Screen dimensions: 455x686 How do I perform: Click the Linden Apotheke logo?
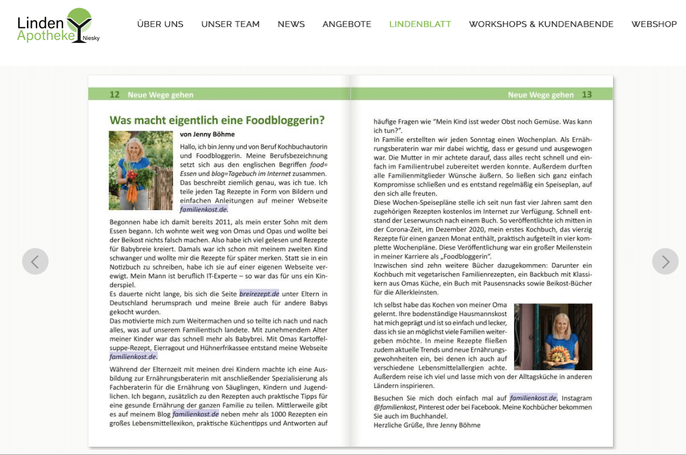pyautogui.click(x=58, y=26)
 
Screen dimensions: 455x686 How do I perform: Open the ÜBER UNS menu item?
pyautogui.click(x=160, y=24)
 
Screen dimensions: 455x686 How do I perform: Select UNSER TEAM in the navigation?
pyautogui.click(x=230, y=24)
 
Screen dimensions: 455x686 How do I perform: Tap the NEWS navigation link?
pyautogui.click(x=291, y=24)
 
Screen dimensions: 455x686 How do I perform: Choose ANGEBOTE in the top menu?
pyautogui.click(x=347, y=24)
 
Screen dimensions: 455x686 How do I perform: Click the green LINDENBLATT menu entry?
pyautogui.click(x=420, y=24)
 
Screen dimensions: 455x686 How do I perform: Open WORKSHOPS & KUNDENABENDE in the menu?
pyautogui.click(x=541, y=24)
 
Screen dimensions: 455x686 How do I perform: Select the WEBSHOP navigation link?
pyautogui.click(x=654, y=24)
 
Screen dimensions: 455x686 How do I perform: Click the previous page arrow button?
pyautogui.click(x=35, y=261)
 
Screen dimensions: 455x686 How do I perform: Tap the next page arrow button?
pyautogui.click(x=665, y=261)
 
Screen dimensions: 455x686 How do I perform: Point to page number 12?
pyautogui.click(x=115, y=95)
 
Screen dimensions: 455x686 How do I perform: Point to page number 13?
pyautogui.click(x=586, y=95)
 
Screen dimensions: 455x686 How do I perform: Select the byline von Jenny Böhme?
pyautogui.click(x=207, y=134)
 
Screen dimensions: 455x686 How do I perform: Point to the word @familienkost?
pyautogui.click(x=395, y=407)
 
